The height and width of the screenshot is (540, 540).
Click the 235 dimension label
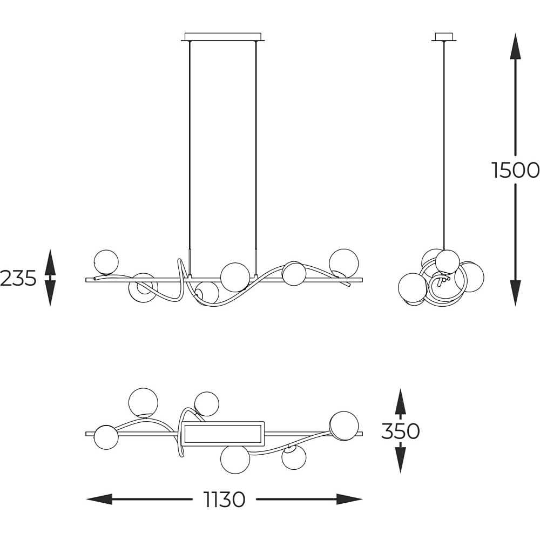[18, 278]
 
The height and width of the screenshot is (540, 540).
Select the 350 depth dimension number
[400, 430]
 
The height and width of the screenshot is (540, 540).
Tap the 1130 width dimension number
[225, 499]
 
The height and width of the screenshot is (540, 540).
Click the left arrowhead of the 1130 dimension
[99, 499]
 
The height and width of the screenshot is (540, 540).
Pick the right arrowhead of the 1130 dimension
[349, 499]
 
